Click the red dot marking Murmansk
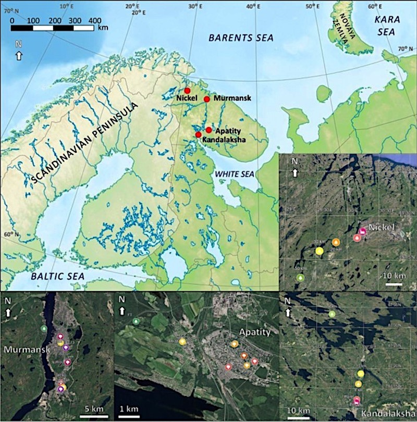[x=206, y=99]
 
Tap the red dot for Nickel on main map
[x=187, y=91]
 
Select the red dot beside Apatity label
[x=208, y=130]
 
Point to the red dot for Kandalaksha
[x=198, y=135]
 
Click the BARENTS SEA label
[x=240, y=38]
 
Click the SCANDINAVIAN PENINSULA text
[x=83, y=143]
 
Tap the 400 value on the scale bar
[x=95, y=20]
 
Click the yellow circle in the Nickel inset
[x=319, y=251]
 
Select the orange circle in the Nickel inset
[x=336, y=242]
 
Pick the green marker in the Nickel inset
[x=300, y=278]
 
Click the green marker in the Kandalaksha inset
[x=332, y=314]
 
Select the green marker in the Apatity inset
[x=136, y=321]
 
